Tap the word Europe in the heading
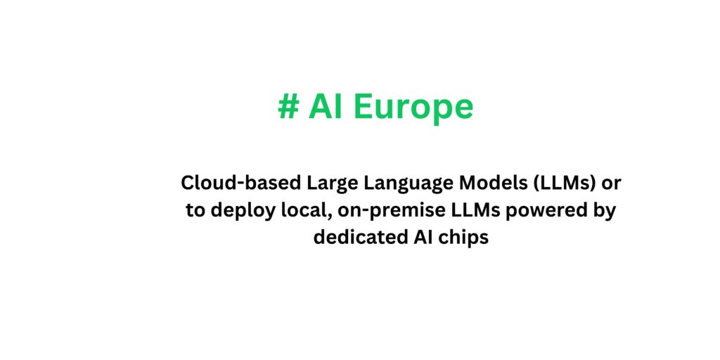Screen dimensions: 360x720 pos(413,107)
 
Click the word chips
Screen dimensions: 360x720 pos(461,237)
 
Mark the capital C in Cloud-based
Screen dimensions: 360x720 pos(188,183)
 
